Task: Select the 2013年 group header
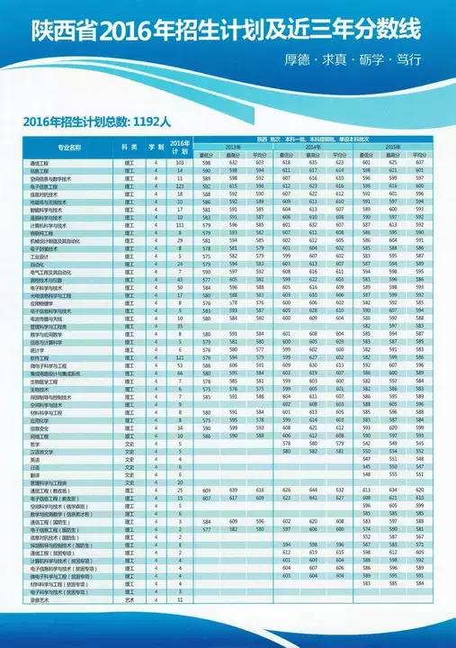pyautogui.click(x=234, y=145)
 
